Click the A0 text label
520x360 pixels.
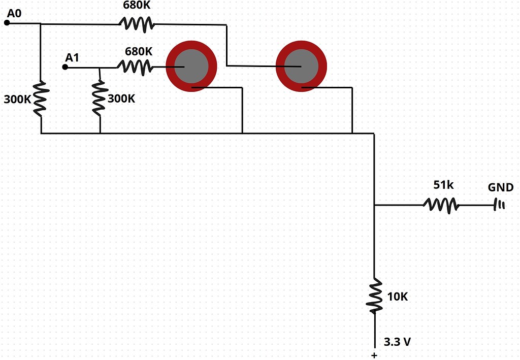click(x=14, y=13)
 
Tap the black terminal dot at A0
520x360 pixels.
click(x=7, y=23)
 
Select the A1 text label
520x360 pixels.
click(x=73, y=57)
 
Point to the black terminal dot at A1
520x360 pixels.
click(x=65, y=67)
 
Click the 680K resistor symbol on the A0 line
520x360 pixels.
click(x=137, y=23)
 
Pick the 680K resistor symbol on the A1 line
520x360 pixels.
click(x=135, y=66)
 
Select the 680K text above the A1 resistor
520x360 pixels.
click(x=139, y=51)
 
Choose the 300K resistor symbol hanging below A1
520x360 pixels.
click(x=100, y=97)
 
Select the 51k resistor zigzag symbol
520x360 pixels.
click(x=441, y=205)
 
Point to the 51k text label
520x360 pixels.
click(x=443, y=185)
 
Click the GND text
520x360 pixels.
click(x=501, y=187)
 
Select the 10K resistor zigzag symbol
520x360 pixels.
click(x=375, y=296)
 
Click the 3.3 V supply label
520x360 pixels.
click(x=397, y=342)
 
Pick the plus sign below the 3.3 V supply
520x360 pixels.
click(x=374, y=355)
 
